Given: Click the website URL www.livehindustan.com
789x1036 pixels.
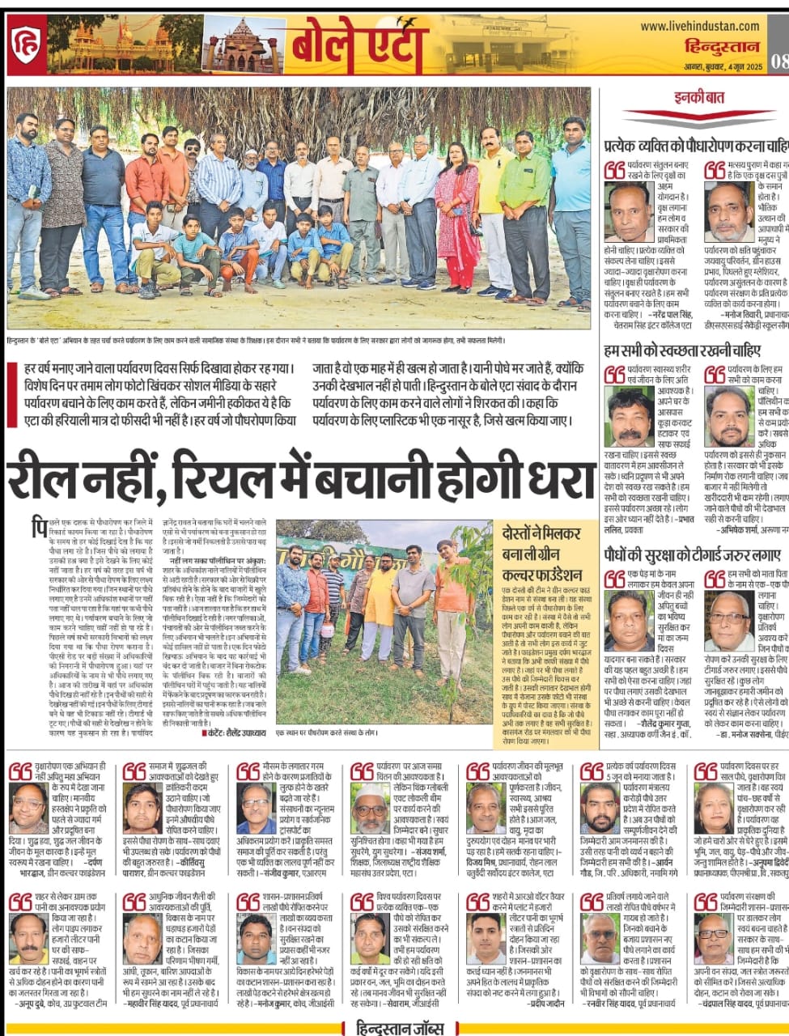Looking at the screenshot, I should click(x=699, y=27).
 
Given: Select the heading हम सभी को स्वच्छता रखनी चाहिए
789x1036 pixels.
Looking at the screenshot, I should click(x=682, y=350).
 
